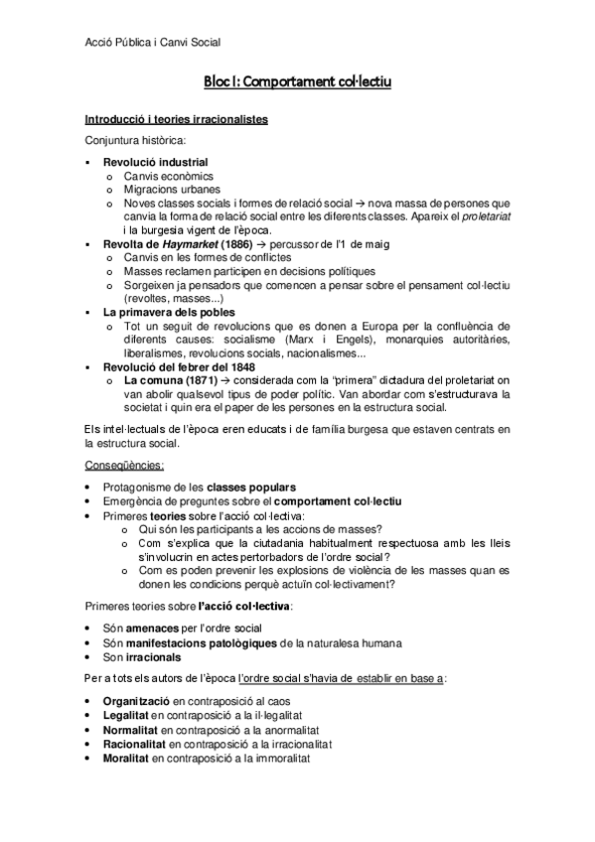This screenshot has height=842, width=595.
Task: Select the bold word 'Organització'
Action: tap(138, 702)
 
